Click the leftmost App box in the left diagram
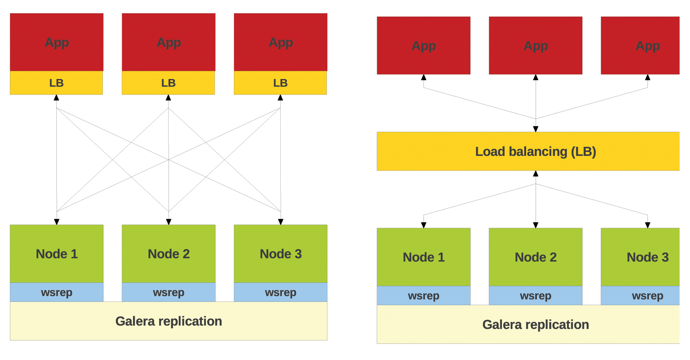click(56, 42)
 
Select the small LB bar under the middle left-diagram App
click(168, 83)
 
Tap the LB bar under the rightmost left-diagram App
click(280, 83)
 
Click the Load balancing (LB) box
click(528, 151)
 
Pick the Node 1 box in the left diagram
click(56, 254)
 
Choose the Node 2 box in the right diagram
click(535, 257)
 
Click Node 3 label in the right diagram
click(647, 257)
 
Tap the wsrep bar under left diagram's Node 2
click(169, 292)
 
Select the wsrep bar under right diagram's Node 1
click(423, 296)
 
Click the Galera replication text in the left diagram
click(169, 321)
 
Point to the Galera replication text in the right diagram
click(535, 324)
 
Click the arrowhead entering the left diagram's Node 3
click(281, 222)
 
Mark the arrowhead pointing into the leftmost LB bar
click(56, 98)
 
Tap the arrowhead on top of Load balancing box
click(535, 129)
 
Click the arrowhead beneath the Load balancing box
click(535, 174)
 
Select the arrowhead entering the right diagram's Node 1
click(424, 225)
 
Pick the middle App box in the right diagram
click(535, 46)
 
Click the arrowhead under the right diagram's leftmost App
click(424, 77)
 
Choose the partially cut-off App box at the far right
click(640, 46)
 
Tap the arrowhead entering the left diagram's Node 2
click(169, 222)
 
